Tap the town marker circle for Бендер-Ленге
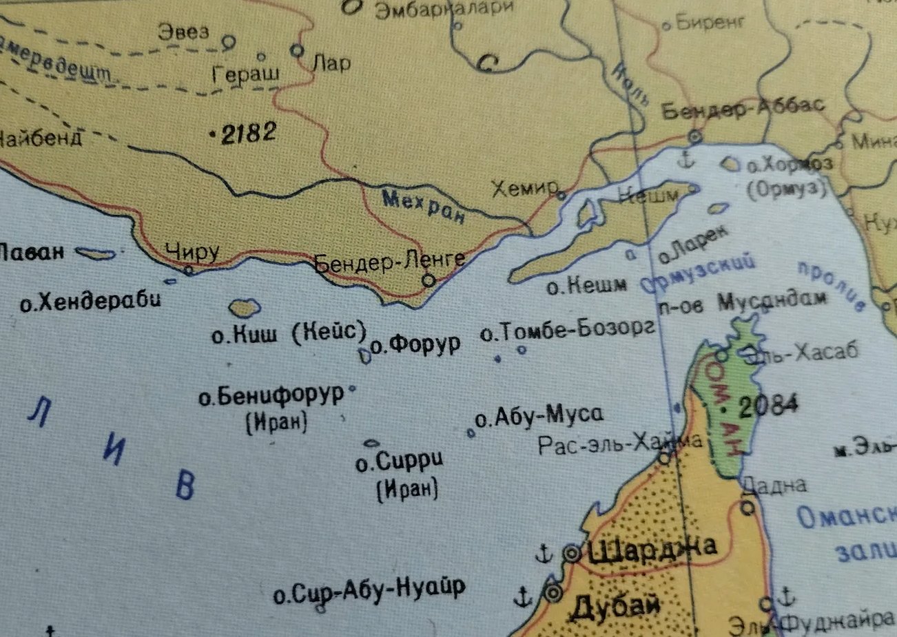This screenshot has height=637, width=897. point(429,280)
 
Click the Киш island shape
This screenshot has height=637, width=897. point(244,308)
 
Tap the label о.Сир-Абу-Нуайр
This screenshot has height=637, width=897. point(369,591)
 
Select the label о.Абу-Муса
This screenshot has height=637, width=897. point(539,415)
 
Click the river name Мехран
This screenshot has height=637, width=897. point(423,207)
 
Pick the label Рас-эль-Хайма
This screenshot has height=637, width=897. point(620,442)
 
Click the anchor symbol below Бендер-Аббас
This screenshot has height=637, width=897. point(685,161)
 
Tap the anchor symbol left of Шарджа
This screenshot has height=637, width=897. point(544,553)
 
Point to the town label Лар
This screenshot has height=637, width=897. point(331,63)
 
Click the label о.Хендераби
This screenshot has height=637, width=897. point(90,301)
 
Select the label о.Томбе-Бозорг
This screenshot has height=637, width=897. point(567,332)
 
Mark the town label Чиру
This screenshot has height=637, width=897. point(192,252)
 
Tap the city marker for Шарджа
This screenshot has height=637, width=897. point(572,553)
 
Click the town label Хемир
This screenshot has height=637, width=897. point(523,188)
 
